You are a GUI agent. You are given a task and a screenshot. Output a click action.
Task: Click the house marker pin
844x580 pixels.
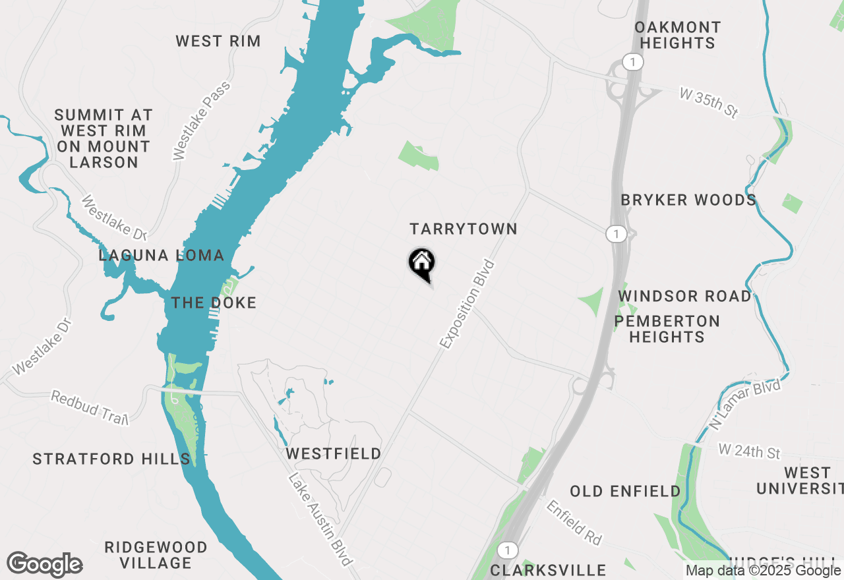(x=422, y=264)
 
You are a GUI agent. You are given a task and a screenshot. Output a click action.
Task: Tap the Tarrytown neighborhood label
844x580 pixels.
(x=463, y=229)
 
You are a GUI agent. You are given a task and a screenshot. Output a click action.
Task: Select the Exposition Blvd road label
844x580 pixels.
(x=467, y=304)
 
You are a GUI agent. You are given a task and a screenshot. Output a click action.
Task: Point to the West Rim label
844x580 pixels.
(x=218, y=41)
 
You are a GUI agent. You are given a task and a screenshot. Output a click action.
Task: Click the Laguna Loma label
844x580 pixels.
(x=162, y=255)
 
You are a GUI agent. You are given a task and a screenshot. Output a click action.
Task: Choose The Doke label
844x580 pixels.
(x=214, y=303)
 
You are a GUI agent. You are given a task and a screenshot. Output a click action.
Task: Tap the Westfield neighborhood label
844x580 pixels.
(x=333, y=453)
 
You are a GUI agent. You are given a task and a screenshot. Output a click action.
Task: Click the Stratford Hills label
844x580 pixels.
(x=111, y=459)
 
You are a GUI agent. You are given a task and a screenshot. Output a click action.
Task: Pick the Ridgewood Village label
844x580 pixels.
(x=156, y=555)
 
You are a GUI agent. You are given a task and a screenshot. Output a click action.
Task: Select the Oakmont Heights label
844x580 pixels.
(x=677, y=35)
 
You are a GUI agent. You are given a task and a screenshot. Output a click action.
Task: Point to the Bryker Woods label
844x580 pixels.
(x=688, y=200)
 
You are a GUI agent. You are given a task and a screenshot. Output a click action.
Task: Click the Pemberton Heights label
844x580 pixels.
(x=667, y=329)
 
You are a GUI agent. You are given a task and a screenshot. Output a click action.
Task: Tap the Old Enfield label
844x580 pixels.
(x=625, y=491)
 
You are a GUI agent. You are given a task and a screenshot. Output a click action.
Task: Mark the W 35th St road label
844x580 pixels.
(x=708, y=103)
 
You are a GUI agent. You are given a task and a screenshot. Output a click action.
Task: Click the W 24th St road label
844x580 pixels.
(x=749, y=451)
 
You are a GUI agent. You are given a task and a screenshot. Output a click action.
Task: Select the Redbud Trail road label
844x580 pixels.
(x=89, y=407)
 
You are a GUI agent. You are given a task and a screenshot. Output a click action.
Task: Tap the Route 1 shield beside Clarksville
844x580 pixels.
(x=506, y=550)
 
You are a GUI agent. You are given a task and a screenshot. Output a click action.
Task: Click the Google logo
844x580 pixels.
(x=44, y=564)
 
